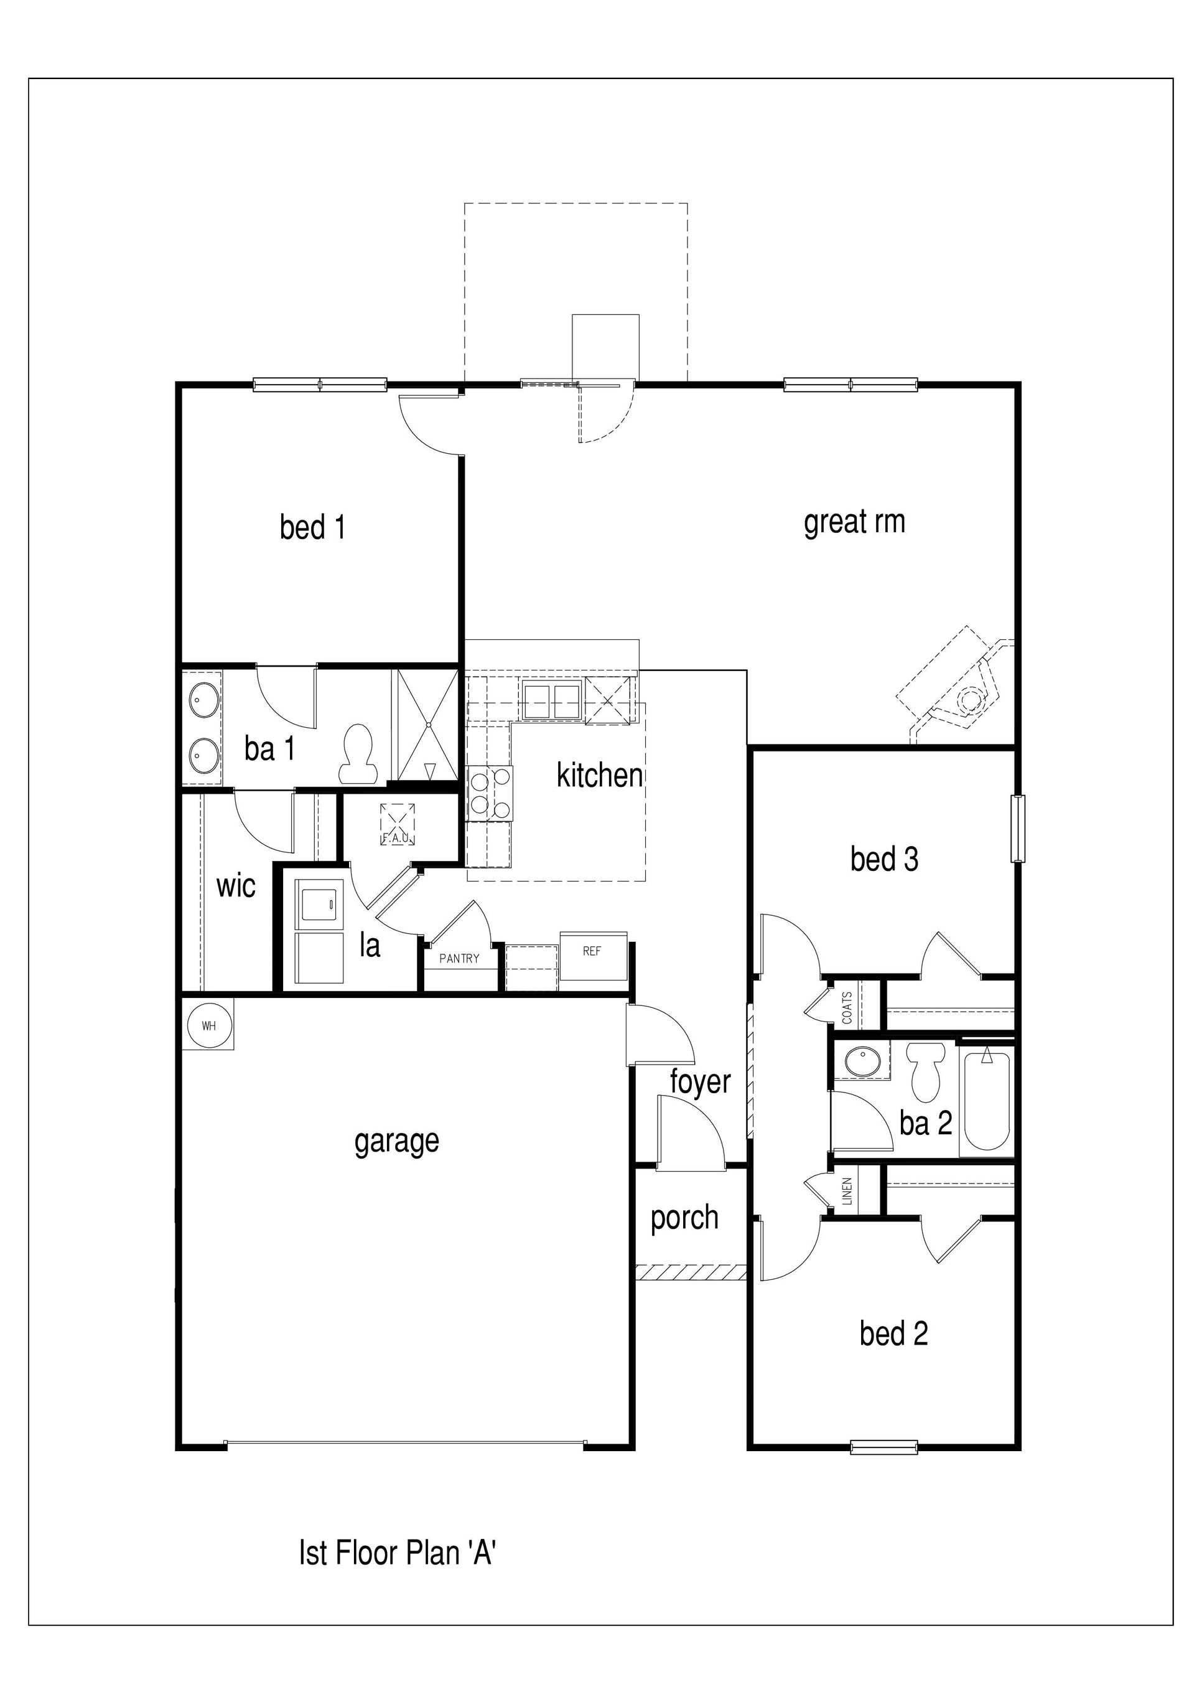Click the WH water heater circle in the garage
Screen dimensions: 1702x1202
209,1026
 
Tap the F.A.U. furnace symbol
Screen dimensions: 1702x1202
397,824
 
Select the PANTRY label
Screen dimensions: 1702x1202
459,959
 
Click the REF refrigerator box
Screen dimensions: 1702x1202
593,952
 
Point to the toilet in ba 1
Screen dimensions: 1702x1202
356,755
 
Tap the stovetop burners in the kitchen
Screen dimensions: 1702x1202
490,792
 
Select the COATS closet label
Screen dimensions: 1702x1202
847,1007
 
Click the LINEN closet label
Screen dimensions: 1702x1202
847,1192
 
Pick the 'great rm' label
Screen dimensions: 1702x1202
854,522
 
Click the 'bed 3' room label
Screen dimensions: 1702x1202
884,860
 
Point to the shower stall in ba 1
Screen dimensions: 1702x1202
425,725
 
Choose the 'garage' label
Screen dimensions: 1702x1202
396,1141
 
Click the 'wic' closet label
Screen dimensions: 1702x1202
236,886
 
